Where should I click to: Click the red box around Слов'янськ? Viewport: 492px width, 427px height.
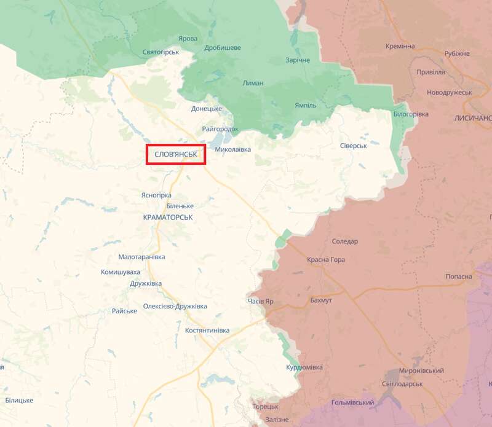(x=176, y=154)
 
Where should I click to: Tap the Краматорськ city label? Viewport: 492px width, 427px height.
(x=168, y=217)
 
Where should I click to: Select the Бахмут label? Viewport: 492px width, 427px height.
(x=321, y=300)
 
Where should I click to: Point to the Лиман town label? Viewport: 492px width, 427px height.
(x=253, y=83)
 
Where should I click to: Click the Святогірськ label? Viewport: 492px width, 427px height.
(x=160, y=52)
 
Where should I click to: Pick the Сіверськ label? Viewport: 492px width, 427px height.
(x=353, y=146)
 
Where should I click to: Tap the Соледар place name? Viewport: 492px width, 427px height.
(x=344, y=241)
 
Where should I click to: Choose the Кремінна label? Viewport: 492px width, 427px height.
(x=400, y=46)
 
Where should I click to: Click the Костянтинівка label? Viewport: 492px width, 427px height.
(x=207, y=331)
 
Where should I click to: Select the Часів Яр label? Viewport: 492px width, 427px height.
(x=260, y=302)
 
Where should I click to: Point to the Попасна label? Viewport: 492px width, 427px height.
(x=459, y=277)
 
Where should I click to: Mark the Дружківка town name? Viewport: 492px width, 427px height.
(x=146, y=283)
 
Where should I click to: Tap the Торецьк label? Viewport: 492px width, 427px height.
(x=265, y=407)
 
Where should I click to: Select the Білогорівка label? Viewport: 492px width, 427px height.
(x=411, y=114)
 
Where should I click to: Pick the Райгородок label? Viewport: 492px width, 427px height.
(x=220, y=129)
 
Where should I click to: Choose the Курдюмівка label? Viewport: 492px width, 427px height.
(x=304, y=367)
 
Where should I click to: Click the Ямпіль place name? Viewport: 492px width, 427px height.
(x=305, y=106)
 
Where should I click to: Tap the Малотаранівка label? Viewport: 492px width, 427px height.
(x=142, y=257)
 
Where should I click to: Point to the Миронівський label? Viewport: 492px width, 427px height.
(x=421, y=371)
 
